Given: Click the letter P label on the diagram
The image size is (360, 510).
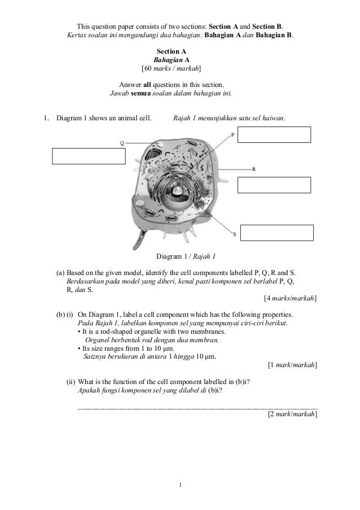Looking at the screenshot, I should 232,136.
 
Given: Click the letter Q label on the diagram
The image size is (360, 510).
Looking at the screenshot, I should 122,143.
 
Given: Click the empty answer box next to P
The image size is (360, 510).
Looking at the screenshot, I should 274,135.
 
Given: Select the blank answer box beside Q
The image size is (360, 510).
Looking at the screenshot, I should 89,155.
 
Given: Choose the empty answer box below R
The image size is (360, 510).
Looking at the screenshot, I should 274,185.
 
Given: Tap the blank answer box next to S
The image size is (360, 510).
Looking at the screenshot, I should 276,233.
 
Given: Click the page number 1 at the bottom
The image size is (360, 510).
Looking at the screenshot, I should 179,485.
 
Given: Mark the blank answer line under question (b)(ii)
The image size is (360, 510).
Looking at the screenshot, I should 196,407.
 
